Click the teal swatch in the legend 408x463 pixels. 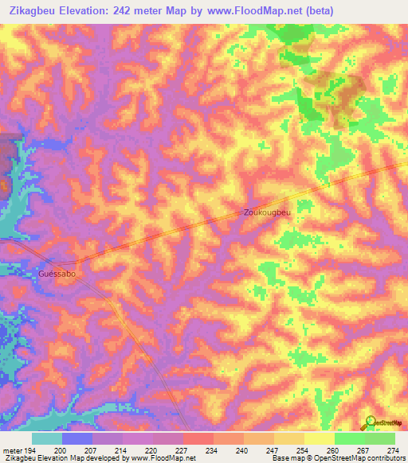[x=47, y=438]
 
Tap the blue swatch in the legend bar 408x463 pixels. [x=77, y=438]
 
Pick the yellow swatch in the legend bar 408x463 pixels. [x=318, y=438]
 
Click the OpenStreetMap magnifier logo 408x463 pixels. [x=371, y=423]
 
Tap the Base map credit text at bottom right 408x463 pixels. [x=337, y=458]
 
